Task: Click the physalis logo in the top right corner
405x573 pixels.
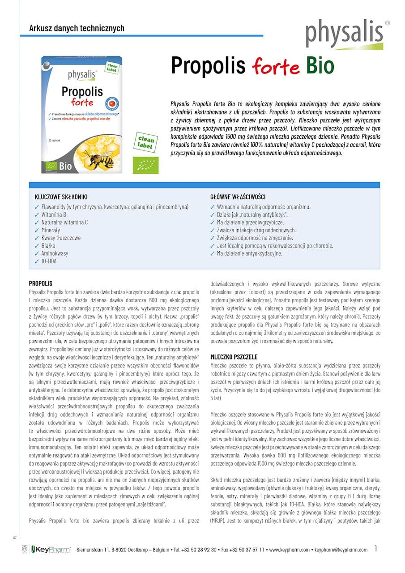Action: [x=344, y=34]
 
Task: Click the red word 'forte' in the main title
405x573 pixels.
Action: [x=275, y=66]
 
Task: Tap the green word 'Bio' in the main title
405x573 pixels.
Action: [x=320, y=65]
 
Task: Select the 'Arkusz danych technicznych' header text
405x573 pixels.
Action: [x=77, y=28]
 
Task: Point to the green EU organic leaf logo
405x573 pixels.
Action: [x=145, y=165]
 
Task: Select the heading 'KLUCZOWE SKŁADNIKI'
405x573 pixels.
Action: [x=61, y=197]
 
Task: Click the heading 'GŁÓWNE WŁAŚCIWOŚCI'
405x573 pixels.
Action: [x=238, y=197]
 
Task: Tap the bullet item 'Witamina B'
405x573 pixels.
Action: [x=54, y=215]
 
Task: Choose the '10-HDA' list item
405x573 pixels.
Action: [x=49, y=261]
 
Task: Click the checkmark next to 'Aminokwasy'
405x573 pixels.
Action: [x=37, y=253]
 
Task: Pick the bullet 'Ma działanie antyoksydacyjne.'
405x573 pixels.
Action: [x=249, y=253]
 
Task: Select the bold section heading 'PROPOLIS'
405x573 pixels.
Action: [x=41, y=283]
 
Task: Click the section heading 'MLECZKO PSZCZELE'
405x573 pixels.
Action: [x=234, y=357]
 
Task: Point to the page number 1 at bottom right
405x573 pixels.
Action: [x=376, y=548]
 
